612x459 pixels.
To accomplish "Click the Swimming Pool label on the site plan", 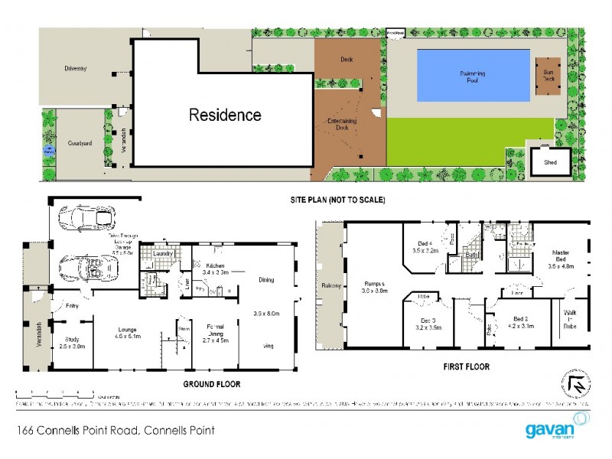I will (x=472, y=76).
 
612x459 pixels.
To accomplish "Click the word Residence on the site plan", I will (x=225, y=116).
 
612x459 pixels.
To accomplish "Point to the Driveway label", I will (x=76, y=69).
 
